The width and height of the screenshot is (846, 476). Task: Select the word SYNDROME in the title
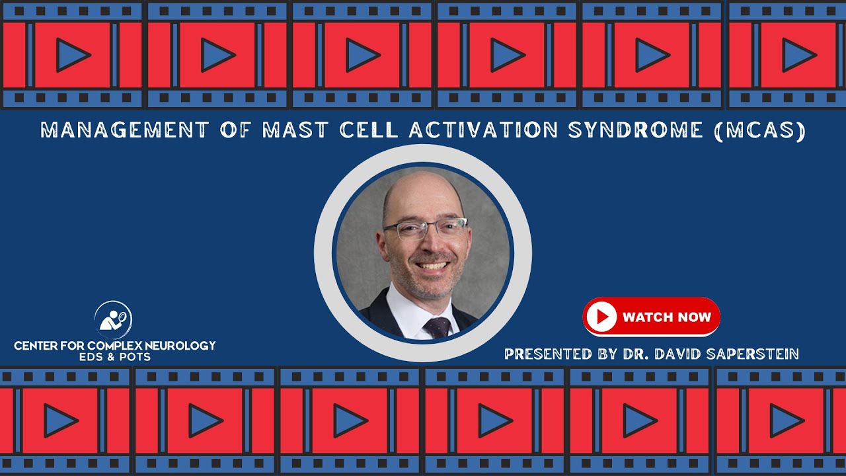[635, 130]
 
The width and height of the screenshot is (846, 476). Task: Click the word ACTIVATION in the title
[483, 130]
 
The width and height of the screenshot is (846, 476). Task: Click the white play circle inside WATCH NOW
[601, 317]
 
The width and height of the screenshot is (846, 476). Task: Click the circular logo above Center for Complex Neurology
[113, 320]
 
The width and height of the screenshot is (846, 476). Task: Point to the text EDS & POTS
[114, 357]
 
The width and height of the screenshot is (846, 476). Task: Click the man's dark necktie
[436, 327]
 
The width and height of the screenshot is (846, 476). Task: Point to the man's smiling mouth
[434, 266]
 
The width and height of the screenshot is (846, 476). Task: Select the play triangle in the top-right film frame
[797, 55]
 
